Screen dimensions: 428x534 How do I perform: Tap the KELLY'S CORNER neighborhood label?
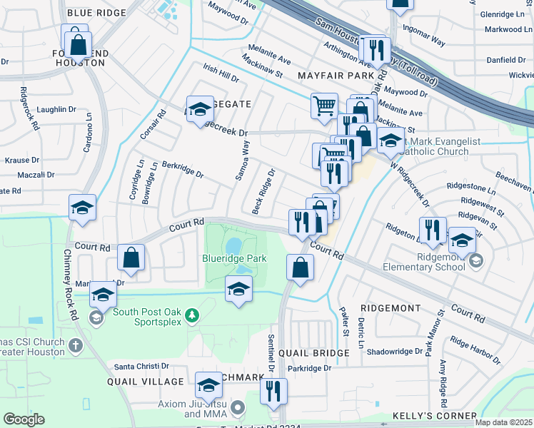point(434,416)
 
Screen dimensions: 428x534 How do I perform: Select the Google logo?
point(24,419)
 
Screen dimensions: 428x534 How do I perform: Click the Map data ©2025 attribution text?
point(503,422)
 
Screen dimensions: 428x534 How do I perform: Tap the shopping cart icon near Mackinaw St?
point(324,106)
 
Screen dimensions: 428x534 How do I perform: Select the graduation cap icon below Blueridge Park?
point(238,289)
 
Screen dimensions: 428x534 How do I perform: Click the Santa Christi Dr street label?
point(141,366)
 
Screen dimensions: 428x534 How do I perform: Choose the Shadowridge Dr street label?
point(394,352)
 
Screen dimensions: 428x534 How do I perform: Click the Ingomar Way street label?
point(424,36)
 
